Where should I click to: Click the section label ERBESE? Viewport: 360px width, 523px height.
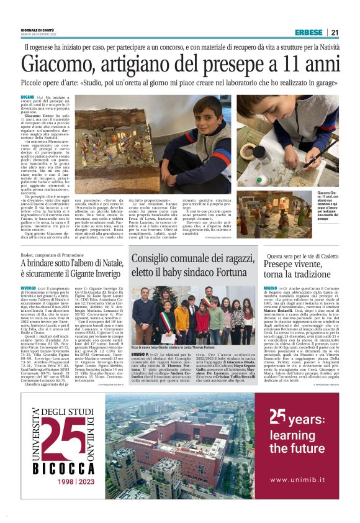tap(309, 32)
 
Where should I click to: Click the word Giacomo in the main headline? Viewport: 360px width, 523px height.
tap(58, 65)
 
